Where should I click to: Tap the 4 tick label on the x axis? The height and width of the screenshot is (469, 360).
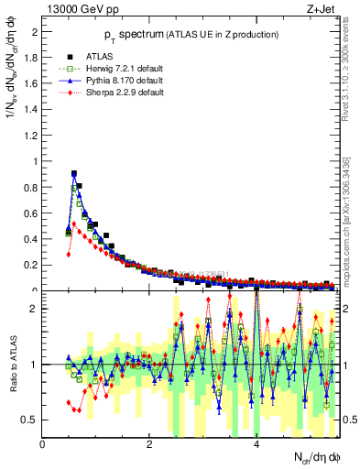256,444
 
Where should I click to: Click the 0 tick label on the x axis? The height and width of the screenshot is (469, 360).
43,444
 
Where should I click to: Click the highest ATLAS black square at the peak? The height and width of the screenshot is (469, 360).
74,173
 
